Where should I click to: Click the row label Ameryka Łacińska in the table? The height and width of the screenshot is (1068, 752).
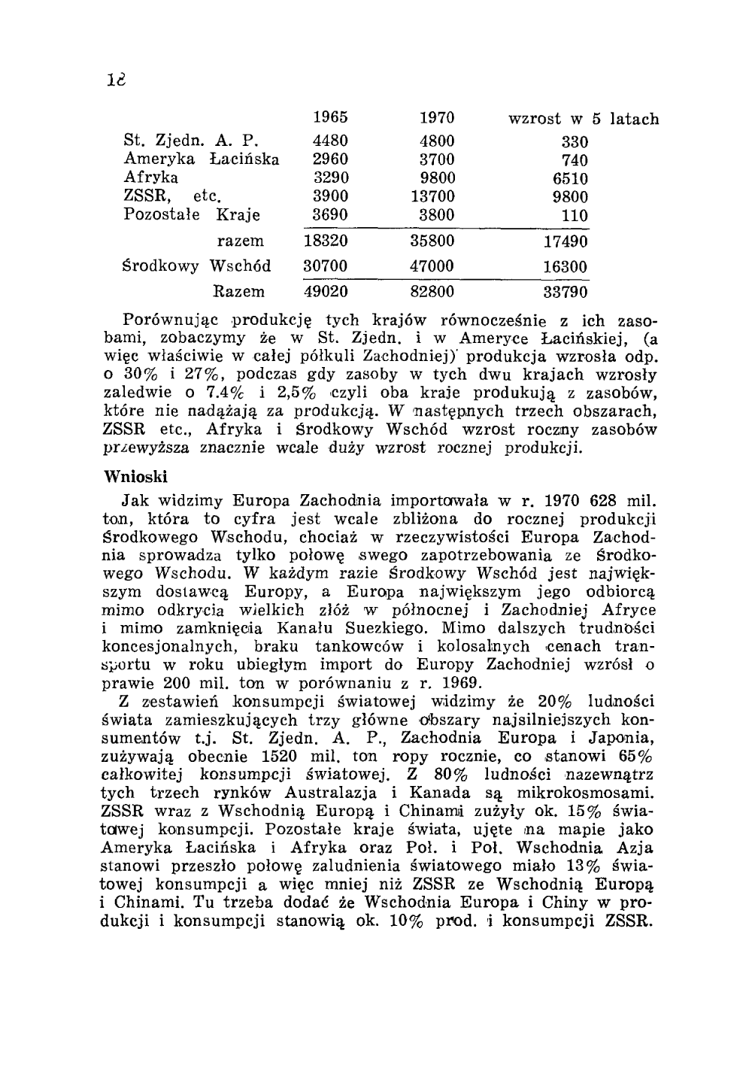[201, 159]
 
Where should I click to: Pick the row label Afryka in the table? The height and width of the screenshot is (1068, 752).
[150, 178]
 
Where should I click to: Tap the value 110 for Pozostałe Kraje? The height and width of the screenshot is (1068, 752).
[575, 216]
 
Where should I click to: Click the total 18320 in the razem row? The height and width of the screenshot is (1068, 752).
[326, 242]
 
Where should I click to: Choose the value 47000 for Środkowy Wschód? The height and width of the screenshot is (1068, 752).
[432, 267]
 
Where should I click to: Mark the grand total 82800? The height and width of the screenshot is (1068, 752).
[432, 291]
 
